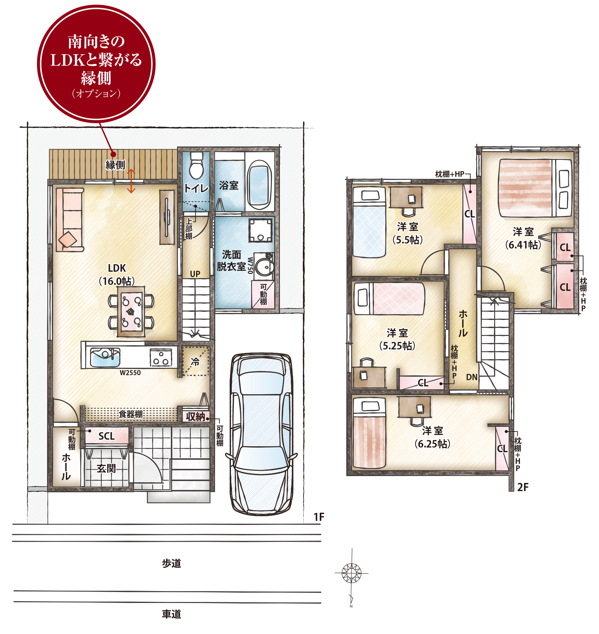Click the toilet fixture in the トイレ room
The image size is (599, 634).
(196, 165)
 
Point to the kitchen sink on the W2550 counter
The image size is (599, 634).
(105, 357)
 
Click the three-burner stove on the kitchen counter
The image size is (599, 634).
(161, 357)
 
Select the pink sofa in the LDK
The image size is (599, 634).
(70, 220)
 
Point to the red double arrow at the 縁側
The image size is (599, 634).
(131, 181)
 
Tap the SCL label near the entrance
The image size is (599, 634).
(106, 436)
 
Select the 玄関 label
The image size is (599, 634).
(106, 469)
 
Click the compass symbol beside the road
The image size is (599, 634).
(351, 573)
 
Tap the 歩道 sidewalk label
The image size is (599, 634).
(171, 563)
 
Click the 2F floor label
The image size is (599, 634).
(523, 487)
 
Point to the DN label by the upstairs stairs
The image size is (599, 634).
(472, 377)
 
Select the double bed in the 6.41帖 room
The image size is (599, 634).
(535, 188)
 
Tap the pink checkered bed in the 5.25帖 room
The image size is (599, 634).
(389, 299)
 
